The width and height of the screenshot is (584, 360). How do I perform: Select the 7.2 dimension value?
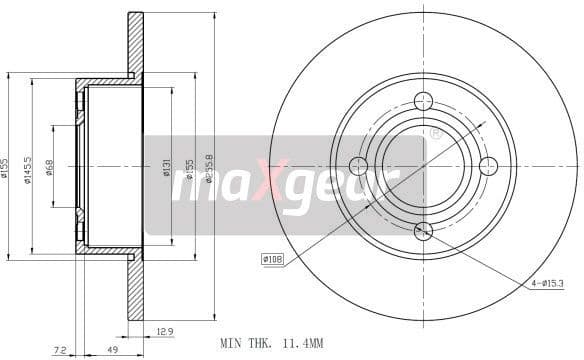pos(60,350)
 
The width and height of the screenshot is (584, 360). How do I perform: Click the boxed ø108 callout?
pos(273,259)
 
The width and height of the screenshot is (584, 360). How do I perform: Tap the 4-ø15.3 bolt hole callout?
pos(548,283)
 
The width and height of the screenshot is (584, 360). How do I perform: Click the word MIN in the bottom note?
pos(230,343)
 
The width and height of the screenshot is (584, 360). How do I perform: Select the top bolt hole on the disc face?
pos(423,100)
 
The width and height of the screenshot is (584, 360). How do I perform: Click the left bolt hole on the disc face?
pos(358,166)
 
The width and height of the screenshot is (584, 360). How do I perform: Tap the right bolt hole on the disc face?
pos(489,166)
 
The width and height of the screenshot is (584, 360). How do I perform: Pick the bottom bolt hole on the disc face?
pos(423,231)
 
